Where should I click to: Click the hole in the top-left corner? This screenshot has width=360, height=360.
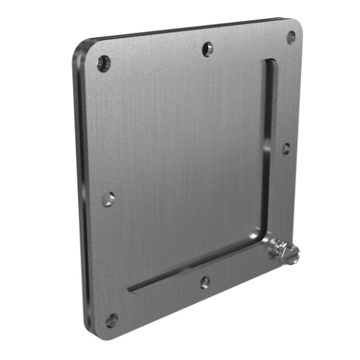pyautogui.click(x=104, y=63)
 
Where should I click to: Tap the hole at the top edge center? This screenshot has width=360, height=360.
pyautogui.click(x=208, y=49)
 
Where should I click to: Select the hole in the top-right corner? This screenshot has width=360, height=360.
pyautogui.click(x=291, y=36)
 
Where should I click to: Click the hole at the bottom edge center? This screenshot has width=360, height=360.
pyautogui.click(x=204, y=281)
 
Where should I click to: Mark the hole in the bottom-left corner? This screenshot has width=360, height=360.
pyautogui.click(x=112, y=320)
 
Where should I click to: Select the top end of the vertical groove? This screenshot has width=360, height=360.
pyautogui.click(x=269, y=64)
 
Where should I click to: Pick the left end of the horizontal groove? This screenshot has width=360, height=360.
pyautogui.click(x=132, y=288)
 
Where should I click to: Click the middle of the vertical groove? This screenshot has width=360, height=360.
pyautogui.click(x=266, y=146)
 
